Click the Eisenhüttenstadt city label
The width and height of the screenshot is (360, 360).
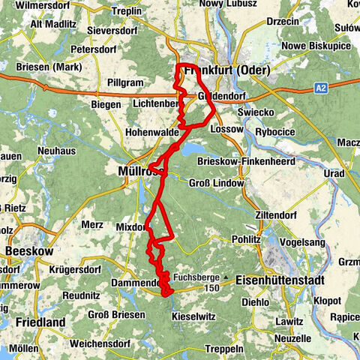point(282,280)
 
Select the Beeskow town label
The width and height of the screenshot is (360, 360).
point(28,250)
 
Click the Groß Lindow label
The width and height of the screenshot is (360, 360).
point(217,183)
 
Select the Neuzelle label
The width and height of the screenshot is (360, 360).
point(292,338)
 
